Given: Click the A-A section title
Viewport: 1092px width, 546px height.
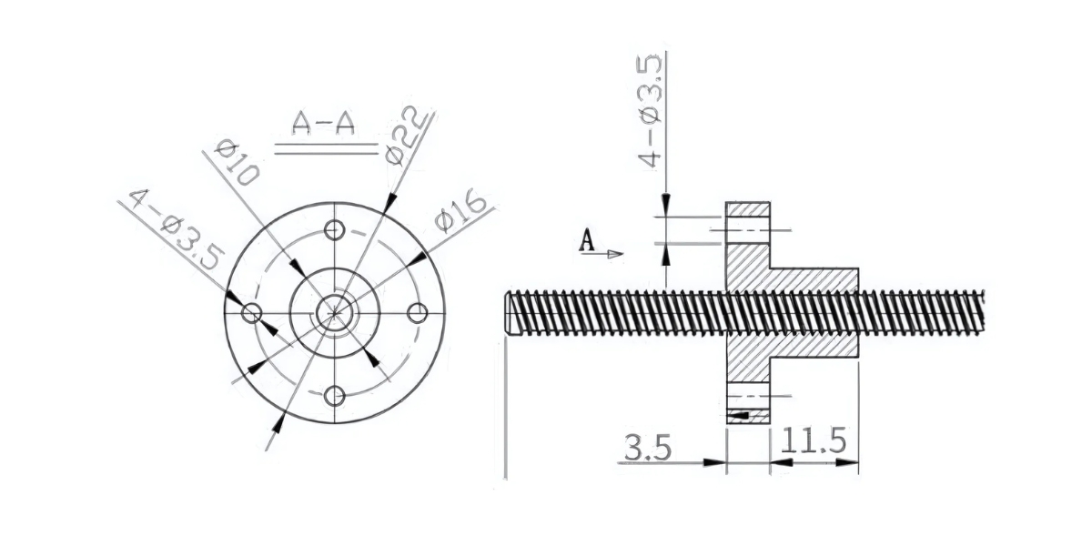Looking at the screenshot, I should coord(323,125).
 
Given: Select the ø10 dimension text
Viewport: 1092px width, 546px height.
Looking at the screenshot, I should coord(234,163).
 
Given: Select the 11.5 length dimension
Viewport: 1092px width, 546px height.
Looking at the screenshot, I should coord(814,443).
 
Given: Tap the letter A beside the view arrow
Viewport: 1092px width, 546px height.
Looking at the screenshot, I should coord(588,241).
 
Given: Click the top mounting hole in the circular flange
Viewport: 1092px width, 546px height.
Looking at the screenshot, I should coord(335,229).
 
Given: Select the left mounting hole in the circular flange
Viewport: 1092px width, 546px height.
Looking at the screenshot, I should coord(252,313).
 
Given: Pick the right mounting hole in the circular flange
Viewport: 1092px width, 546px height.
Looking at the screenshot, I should coord(418,313).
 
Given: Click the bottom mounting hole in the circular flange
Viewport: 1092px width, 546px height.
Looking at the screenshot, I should coord(335,396).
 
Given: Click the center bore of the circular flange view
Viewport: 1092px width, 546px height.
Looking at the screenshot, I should coord(335,313).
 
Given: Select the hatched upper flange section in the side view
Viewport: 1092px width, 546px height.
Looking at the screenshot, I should coord(748,246).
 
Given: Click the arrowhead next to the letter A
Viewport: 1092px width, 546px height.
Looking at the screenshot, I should coord(615,254).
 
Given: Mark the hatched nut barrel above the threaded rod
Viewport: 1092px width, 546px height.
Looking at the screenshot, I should coord(814,279).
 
